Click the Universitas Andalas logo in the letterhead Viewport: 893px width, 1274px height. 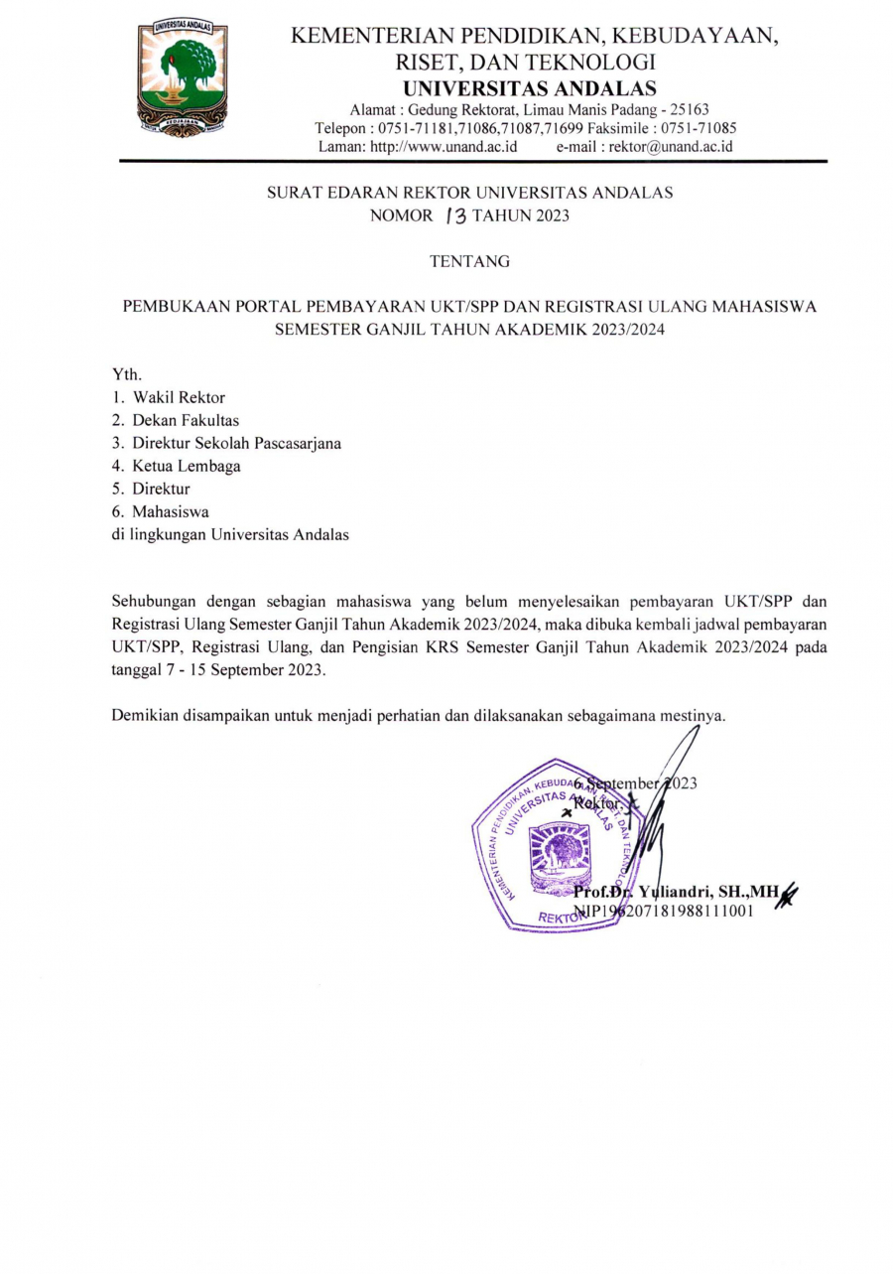click(x=183, y=77)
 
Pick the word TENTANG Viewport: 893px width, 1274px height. click(x=469, y=262)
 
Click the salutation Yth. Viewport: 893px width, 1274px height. click(x=127, y=374)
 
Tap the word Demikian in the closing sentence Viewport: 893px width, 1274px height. click(x=145, y=715)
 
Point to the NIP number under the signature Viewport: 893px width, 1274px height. click(x=665, y=911)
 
